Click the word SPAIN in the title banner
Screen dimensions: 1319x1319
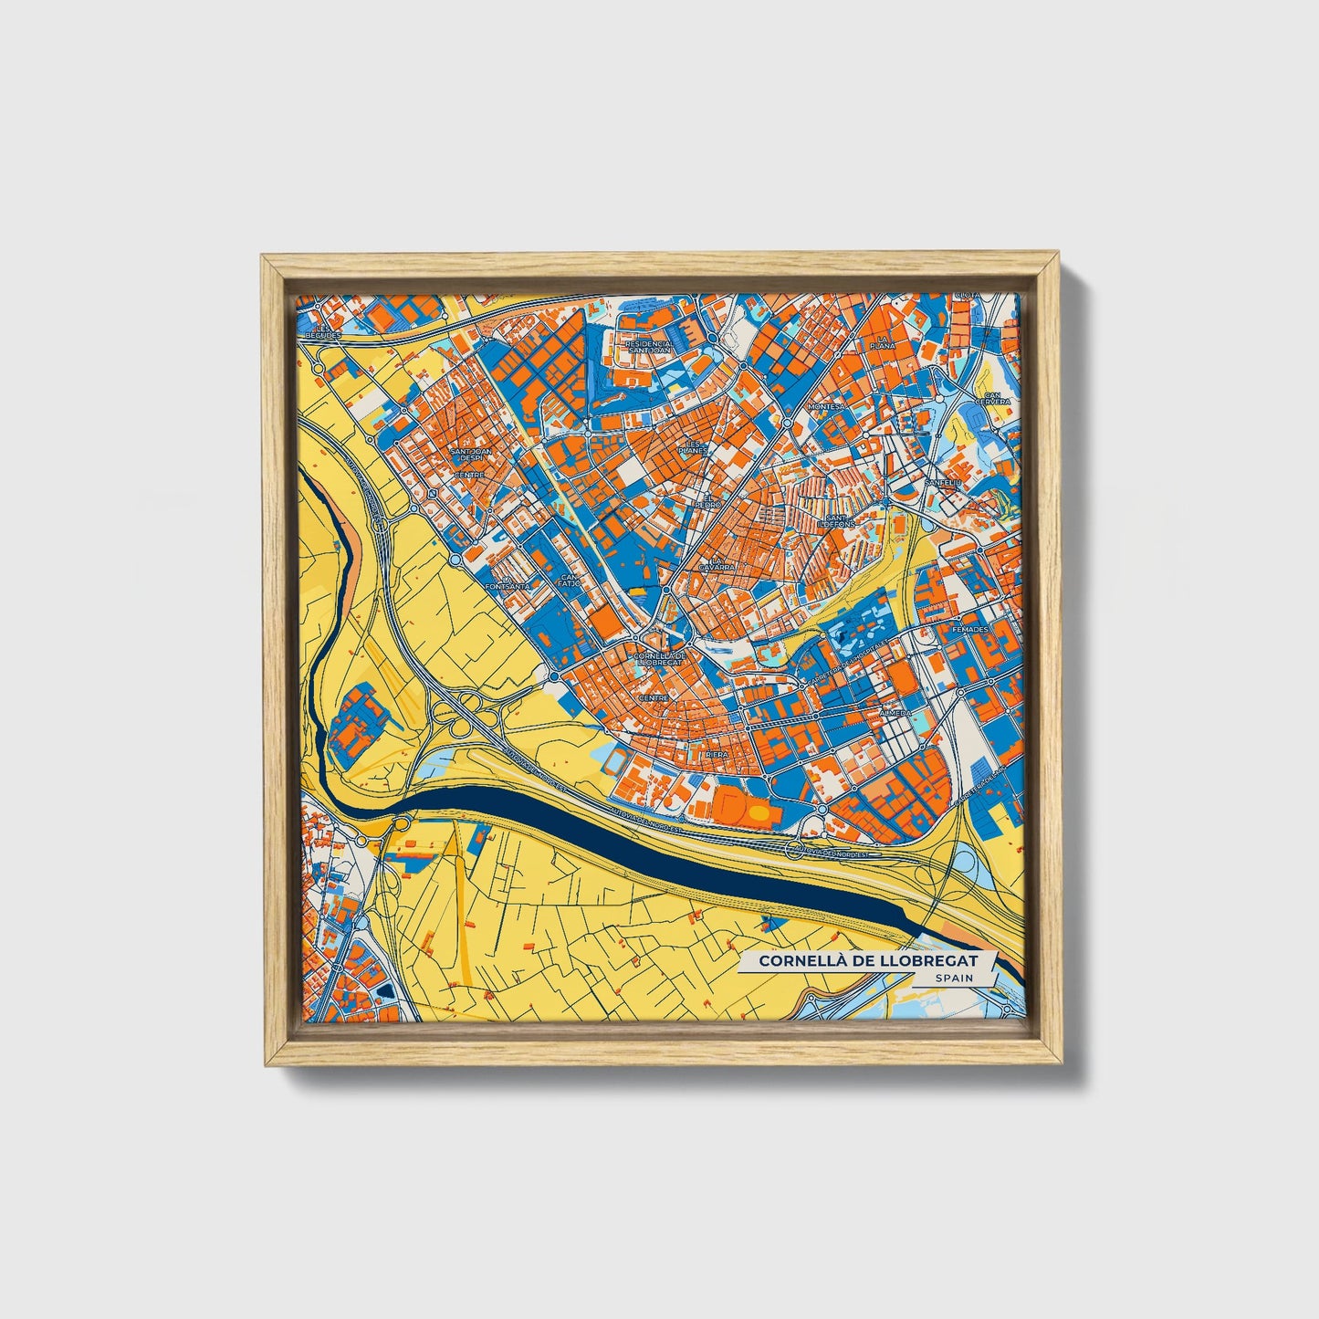point(953,977)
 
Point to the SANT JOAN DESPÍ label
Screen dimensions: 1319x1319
point(471,454)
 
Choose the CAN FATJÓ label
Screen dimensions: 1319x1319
point(570,581)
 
